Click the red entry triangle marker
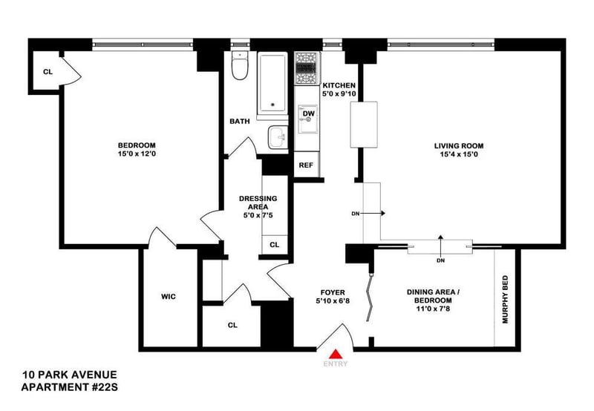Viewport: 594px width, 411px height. (x=336, y=354)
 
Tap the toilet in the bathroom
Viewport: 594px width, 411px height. (x=239, y=65)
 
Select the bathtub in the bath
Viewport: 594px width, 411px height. (x=272, y=83)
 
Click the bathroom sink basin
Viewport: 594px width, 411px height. (x=278, y=137)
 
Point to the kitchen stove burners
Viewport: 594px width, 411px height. (x=307, y=68)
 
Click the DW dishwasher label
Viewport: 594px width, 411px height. (x=309, y=114)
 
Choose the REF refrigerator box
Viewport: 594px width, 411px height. (x=307, y=164)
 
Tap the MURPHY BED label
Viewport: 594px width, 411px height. (x=506, y=300)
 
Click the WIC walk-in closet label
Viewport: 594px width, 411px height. (x=169, y=297)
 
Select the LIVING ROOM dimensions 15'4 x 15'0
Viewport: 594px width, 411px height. (x=459, y=154)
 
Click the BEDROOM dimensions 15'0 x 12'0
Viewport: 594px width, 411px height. (x=137, y=154)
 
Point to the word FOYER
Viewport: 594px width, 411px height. (x=333, y=292)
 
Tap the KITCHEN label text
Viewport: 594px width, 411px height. (x=339, y=85)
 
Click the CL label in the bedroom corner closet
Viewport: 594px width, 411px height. (x=48, y=72)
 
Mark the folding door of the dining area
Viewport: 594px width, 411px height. (x=370, y=296)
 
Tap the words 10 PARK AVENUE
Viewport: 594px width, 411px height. (x=70, y=375)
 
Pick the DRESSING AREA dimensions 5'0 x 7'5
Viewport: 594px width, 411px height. (x=258, y=215)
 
